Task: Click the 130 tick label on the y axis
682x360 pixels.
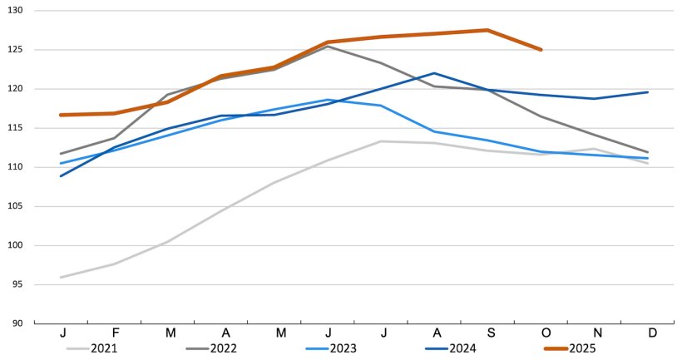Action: point(17,11)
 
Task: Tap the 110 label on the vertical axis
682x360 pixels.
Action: point(17,167)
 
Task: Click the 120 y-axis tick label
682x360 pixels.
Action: point(17,89)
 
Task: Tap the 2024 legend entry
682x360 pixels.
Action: point(458,348)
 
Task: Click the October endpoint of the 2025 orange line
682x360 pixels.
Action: point(541,50)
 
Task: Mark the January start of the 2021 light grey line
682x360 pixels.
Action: point(61,277)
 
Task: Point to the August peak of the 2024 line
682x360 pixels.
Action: point(434,73)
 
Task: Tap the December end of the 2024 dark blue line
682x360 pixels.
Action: point(647,92)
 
